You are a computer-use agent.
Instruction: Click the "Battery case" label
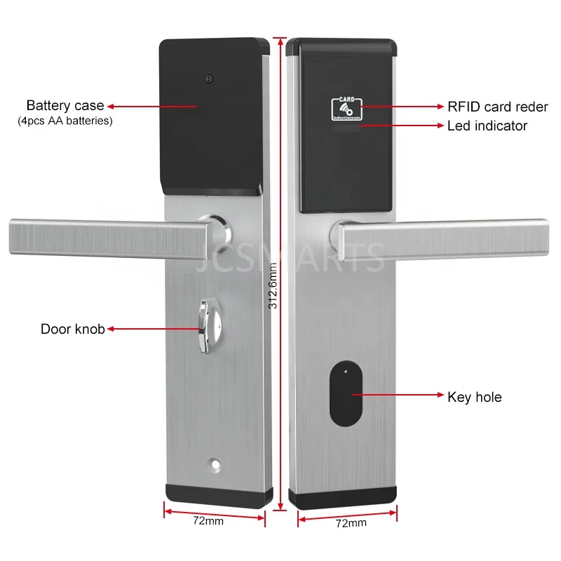65,106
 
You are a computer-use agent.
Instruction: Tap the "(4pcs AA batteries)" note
65,121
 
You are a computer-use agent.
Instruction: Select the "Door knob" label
72,328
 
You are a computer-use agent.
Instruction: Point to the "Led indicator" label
487,126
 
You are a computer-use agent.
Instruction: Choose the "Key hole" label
474,398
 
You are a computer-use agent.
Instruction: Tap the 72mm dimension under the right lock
351,523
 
